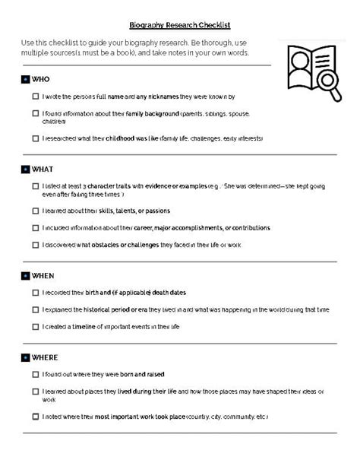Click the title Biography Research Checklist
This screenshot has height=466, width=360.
point(179,25)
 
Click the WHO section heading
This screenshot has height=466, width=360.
point(40,79)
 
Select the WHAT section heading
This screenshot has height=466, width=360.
point(43,169)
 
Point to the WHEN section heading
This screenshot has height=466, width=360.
point(43,275)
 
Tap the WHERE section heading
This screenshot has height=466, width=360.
point(45,357)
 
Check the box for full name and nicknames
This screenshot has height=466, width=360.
point(36,97)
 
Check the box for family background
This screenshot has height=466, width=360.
point(36,113)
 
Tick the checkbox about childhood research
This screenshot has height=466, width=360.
point(36,138)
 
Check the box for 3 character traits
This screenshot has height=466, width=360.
point(36,186)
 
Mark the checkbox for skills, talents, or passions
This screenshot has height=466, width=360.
point(36,211)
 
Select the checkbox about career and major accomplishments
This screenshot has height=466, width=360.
point(36,228)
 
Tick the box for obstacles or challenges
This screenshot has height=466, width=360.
point(36,245)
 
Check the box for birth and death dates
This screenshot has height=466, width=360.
point(36,293)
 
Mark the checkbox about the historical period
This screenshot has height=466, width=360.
point(36,309)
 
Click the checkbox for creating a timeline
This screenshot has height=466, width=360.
point(36,327)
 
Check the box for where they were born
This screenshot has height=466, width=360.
point(36,375)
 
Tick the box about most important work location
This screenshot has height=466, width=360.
point(36,417)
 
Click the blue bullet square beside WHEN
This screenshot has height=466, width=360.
point(26,275)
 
